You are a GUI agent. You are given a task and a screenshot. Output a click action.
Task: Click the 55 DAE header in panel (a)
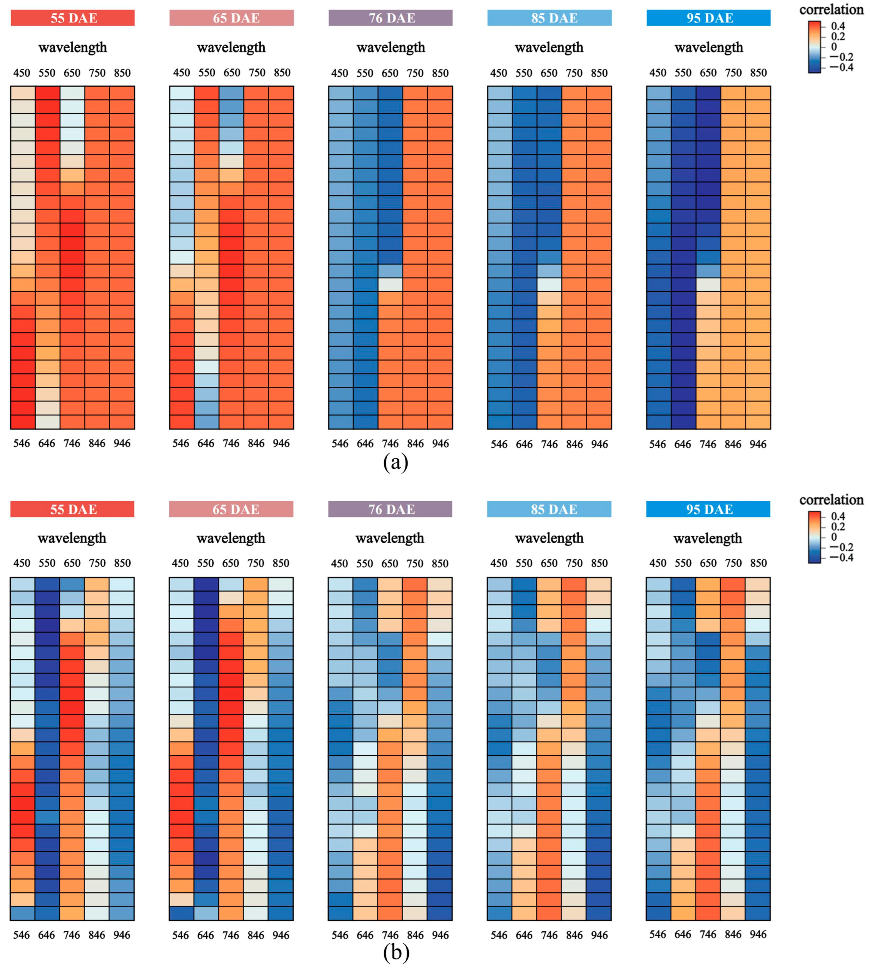73,18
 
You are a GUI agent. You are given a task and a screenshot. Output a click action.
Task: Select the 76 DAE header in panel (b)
390,509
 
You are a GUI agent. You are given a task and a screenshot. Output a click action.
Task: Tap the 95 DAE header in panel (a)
708,18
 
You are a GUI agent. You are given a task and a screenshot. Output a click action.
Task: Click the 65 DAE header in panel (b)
231,509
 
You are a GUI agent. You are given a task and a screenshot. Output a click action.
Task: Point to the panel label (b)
396,953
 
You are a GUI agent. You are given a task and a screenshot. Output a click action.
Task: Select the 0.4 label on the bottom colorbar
838,516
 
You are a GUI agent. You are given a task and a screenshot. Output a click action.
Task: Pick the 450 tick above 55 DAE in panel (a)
22,73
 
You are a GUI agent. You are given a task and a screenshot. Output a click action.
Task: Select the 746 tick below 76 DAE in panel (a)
390,444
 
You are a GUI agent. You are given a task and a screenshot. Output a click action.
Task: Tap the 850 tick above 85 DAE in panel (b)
600,563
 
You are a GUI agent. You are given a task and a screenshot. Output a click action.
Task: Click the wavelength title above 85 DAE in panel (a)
549,48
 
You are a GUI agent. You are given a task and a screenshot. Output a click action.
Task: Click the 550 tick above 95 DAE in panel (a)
683,73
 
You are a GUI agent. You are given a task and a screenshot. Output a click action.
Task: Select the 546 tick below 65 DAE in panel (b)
181,935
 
